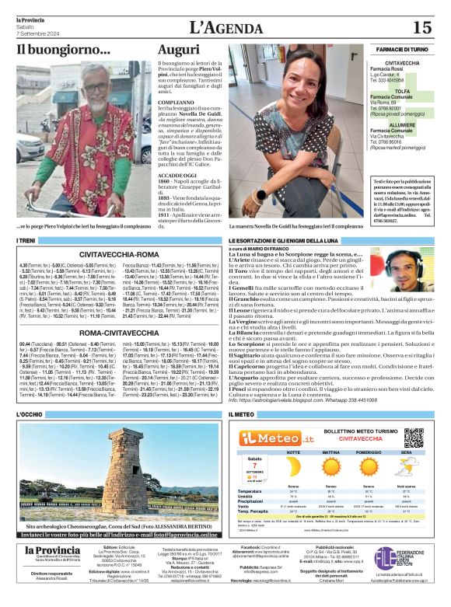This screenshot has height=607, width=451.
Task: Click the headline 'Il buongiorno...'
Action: [x=64, y=50]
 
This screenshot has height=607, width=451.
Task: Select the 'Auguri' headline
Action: [x=179, y=49]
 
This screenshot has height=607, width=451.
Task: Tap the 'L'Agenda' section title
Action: [x=225, y=28]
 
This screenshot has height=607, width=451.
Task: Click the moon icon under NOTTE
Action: [x=293, y=469]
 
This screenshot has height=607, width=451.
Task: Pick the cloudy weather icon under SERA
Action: [x=406, y=469]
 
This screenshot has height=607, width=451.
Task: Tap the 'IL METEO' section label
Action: [x=242, y=415]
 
